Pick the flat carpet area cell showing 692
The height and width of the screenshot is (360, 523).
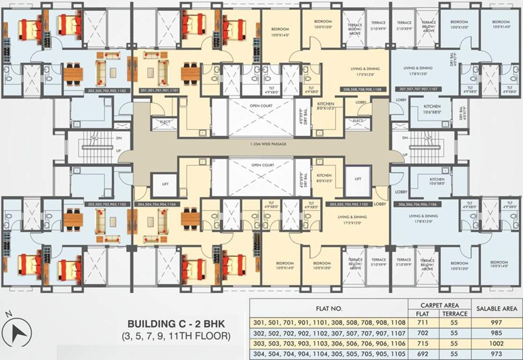click(418, 354)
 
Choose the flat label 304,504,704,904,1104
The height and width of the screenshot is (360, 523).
click(157, 204)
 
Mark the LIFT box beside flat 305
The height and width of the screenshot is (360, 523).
click(358, 179)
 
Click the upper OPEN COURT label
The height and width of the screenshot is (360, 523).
click(262, 106)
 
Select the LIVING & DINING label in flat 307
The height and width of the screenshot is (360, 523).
click(418, 70)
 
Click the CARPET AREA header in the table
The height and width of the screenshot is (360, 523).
click(440, 305)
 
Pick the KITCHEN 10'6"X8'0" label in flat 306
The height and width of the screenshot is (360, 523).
click(430, 182)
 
